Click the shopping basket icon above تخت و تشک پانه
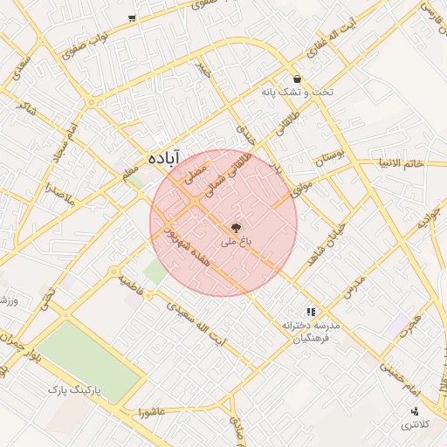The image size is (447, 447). (298, 78)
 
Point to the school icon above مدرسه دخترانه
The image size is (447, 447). (310, 311)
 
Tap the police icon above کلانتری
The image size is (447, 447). (415, 411)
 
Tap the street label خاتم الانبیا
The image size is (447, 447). (401, 162)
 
